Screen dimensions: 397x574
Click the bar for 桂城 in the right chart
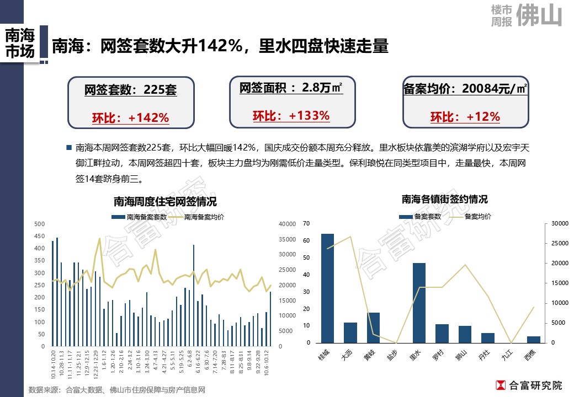click(x=327, y=288)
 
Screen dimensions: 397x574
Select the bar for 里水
click(x=419, y=303)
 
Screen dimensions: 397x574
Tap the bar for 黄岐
click(x=374, y=328)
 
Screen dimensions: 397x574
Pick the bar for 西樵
click(x=534, y=339)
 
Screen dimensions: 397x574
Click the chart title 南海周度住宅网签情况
click(x=165, y=202)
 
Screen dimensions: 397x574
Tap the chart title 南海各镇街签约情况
click(x=444, y=199)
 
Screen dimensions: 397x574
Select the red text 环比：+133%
click(x=291, y=116)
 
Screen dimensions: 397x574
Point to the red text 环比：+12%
click(x=465, y=117)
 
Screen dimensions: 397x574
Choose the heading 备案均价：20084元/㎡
click(x=465, y=89)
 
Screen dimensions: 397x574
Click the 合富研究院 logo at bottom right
click(x=529, y=385)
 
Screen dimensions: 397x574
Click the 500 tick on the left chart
click(x=39, y=224)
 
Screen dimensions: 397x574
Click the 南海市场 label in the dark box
click(x=20, y=44)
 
